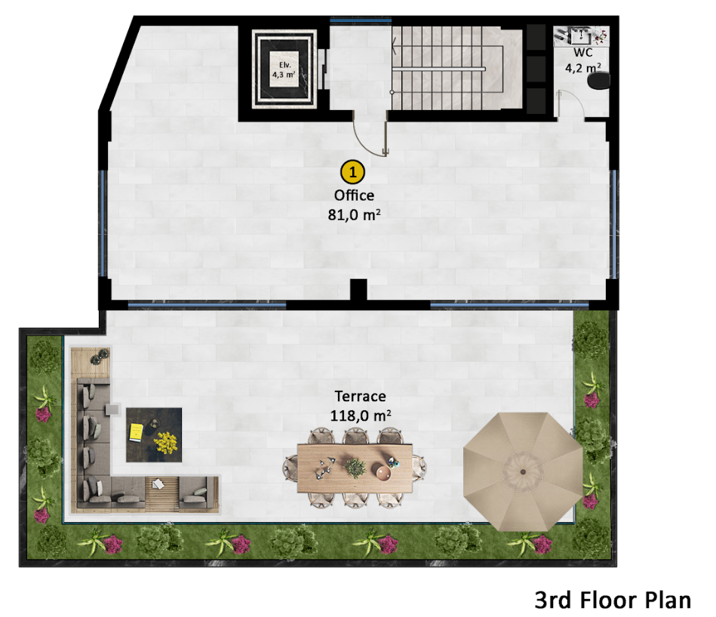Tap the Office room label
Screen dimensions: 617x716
pos(354,195)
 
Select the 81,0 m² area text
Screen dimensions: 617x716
pos(354,213)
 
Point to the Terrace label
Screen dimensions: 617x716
pos(361,397)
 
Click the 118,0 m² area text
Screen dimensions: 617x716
pos(361,415)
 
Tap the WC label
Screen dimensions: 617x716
pos(582,53)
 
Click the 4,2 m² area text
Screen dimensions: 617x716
pos(582,67)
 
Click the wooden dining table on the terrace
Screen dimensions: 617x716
pos(355,467)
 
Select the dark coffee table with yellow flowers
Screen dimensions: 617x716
pos(155,434)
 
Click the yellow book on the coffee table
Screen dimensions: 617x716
pos(136,431)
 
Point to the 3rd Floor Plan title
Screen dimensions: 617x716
pos(613,600)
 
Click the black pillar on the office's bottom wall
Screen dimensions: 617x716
pos(359,291)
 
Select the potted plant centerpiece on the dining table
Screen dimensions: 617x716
pos(353,467)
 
